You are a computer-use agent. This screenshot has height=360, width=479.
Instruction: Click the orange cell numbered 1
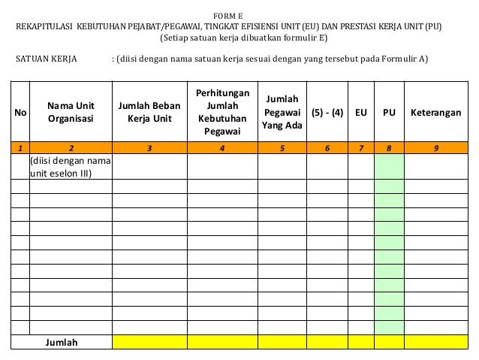20,148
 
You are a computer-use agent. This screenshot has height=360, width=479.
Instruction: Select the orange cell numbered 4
222,148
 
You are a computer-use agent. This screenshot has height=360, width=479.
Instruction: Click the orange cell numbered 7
361,148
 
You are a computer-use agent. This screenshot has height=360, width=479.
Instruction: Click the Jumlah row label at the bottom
62,343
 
